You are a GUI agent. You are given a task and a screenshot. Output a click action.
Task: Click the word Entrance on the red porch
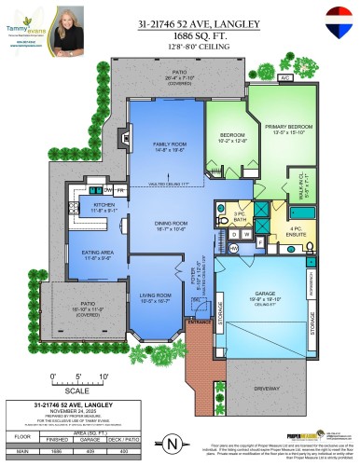point(199,322)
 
